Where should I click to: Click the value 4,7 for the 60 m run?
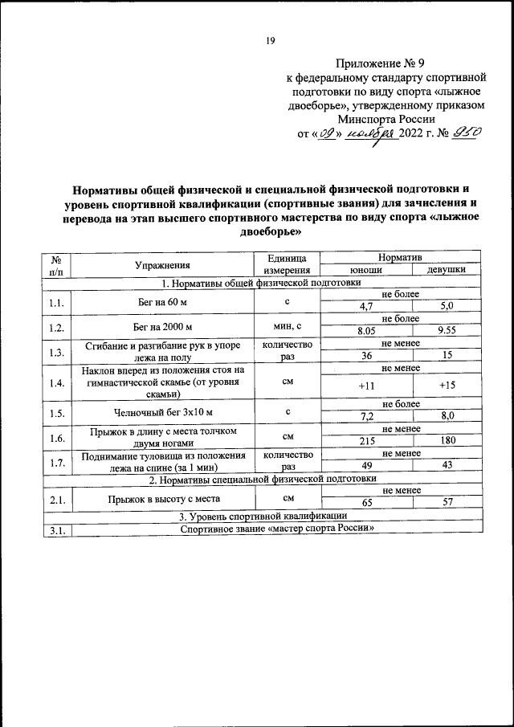pyautogui.click(x=366, y=306)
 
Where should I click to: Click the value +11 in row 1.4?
pyautogui.click(x=366, y=387)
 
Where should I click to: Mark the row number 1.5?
pyautogui.click(x=56, y=413)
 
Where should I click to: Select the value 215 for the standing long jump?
pyautogui.click(x=366, y=441)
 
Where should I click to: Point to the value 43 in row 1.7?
pyautogui.click(x=447, y=464)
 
